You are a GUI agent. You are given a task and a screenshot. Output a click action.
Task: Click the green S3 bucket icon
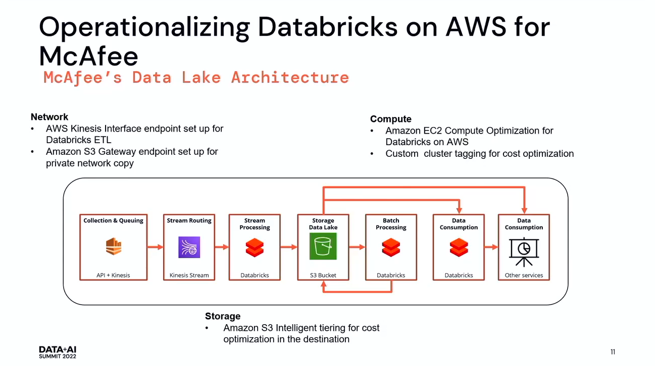pyautogui.click(x=323, y=247)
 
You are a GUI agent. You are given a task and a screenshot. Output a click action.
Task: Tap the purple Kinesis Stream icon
pyautogui.click(x=189, y=247)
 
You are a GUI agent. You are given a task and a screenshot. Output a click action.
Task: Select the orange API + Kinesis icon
pyautogui.click(x=114, y=247)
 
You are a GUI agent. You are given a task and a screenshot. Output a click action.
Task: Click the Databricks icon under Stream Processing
pyautogui.click(x=255, y=247)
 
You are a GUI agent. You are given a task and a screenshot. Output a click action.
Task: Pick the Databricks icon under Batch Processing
pyautogui.click(x=391, y=247)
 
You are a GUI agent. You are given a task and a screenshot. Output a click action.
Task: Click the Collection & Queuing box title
pyautogui.click(x=114, y=220)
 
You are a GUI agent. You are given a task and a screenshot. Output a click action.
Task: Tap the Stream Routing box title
pyautogui.click(x=189, y=220)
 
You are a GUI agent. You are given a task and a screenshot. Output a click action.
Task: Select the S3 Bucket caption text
pyautogui.click(x=323, y=275)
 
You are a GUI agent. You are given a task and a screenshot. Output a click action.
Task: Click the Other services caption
pyautogui.click(x=524, y=275)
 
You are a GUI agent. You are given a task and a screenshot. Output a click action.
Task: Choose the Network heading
pyautogui.click(x=49, y=117)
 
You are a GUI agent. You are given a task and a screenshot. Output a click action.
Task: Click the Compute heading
pyautogui.click(x=391, y=119)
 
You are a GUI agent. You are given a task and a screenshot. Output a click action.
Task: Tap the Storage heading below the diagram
pyautogui.click(x=223, y=316)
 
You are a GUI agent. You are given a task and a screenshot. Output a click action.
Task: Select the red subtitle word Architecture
pyautogui.click(x=290, y=77)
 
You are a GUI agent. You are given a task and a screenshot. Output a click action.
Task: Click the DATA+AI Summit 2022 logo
pyautogui.click(x=58, y=352)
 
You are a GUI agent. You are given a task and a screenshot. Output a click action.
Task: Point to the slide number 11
pyautogui.click(x=613, y=352)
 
